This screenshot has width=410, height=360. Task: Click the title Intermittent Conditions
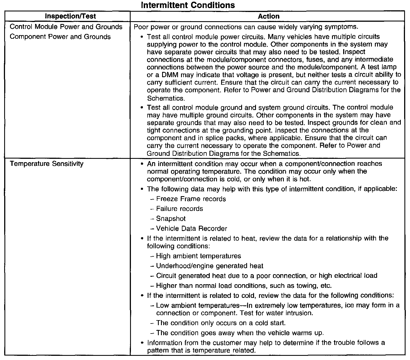188,5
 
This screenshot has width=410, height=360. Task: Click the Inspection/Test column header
70,16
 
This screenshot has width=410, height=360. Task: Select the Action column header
269,16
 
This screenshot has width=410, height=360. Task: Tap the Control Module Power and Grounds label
66,27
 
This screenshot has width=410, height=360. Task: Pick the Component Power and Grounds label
60,37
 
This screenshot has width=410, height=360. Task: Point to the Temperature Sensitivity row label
47,164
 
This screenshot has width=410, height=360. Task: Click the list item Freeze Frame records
191,199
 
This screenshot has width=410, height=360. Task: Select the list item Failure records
179,209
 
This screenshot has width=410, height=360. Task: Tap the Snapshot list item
171,219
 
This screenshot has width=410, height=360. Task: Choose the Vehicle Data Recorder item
191,229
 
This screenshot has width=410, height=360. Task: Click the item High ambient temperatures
198,256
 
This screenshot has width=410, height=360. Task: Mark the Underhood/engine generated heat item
209,266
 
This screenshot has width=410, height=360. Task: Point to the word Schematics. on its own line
166,98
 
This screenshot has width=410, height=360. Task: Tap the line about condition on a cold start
221,323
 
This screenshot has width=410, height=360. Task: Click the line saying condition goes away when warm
240,333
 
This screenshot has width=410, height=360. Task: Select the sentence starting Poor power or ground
246,27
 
